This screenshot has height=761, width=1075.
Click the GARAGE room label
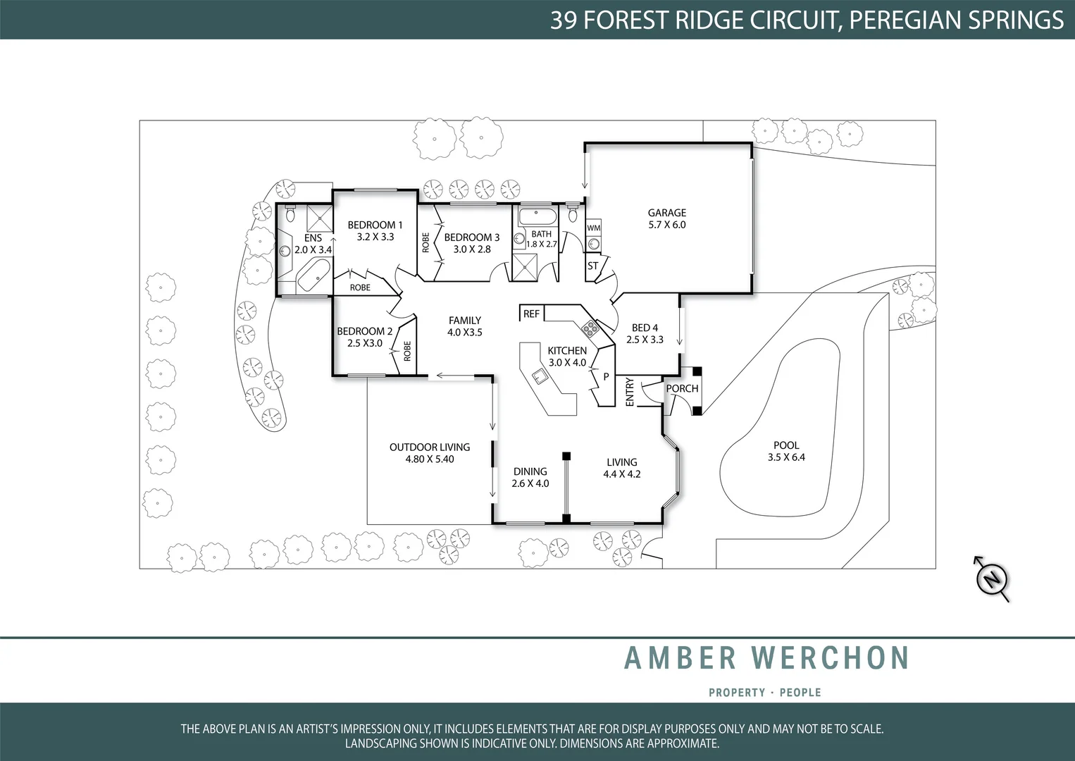666,213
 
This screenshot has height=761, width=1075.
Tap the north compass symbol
992,579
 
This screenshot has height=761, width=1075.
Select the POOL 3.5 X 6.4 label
786,451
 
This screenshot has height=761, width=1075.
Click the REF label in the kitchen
531,314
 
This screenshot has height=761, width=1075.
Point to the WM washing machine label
594,228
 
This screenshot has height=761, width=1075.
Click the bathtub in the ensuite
313,276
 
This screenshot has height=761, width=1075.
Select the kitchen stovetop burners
589,328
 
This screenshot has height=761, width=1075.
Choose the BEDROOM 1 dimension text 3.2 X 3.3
375,237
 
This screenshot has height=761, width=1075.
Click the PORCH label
682,388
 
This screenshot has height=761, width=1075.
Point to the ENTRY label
630,392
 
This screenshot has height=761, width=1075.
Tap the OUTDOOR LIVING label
430,447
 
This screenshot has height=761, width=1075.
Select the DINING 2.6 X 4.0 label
530,477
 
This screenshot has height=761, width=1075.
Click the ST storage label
592,266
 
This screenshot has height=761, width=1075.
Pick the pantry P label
606,377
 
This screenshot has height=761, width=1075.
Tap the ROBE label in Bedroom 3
425,242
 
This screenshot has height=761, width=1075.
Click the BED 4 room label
645,328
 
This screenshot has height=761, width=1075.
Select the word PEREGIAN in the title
904,20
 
